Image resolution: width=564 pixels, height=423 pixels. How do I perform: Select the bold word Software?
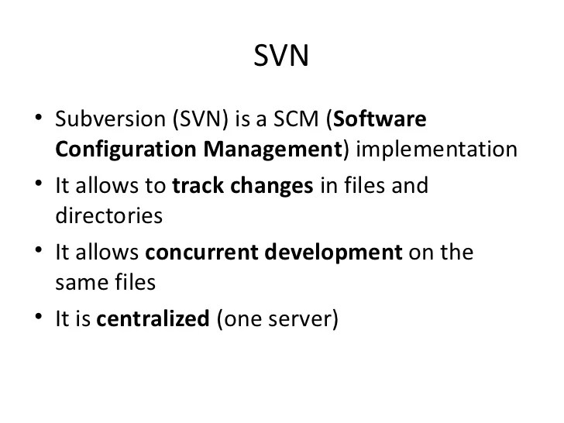(380, 121)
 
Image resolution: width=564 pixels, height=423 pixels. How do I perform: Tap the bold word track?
(194, 187)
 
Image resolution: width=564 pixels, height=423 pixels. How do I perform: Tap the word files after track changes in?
(352, 187)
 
